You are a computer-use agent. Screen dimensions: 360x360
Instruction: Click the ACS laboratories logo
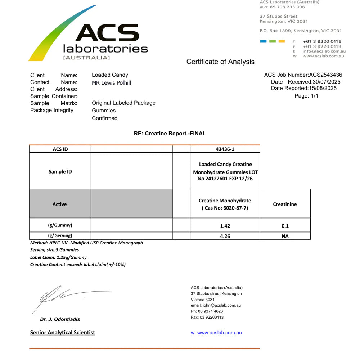point(88,36)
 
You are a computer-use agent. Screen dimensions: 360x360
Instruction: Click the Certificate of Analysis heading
point(220,62)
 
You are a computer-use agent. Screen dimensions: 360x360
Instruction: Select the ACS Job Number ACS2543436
point(325,75)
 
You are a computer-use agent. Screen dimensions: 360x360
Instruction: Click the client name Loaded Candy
point(110,75)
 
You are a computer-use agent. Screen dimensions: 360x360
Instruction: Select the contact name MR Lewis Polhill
point(111,83)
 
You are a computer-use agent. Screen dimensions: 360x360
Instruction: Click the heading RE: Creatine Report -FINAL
point(170,133)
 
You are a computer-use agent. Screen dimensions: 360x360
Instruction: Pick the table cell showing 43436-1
point(225,149)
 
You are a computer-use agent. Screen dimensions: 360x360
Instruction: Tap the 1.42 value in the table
point(225,226)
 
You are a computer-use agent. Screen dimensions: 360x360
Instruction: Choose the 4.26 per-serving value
point(225,236)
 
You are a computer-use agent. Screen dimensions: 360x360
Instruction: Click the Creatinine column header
point(285,204)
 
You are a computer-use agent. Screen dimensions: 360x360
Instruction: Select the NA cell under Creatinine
point(285,236)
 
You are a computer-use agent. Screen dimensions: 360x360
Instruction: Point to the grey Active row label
point(60,204)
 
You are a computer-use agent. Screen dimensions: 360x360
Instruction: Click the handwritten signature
point(68,297)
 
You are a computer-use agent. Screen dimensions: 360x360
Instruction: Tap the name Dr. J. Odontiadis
point(60,319)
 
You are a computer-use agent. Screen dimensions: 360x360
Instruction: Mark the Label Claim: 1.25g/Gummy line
point(58,257)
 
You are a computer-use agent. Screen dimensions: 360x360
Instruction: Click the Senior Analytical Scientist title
point(63,332)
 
